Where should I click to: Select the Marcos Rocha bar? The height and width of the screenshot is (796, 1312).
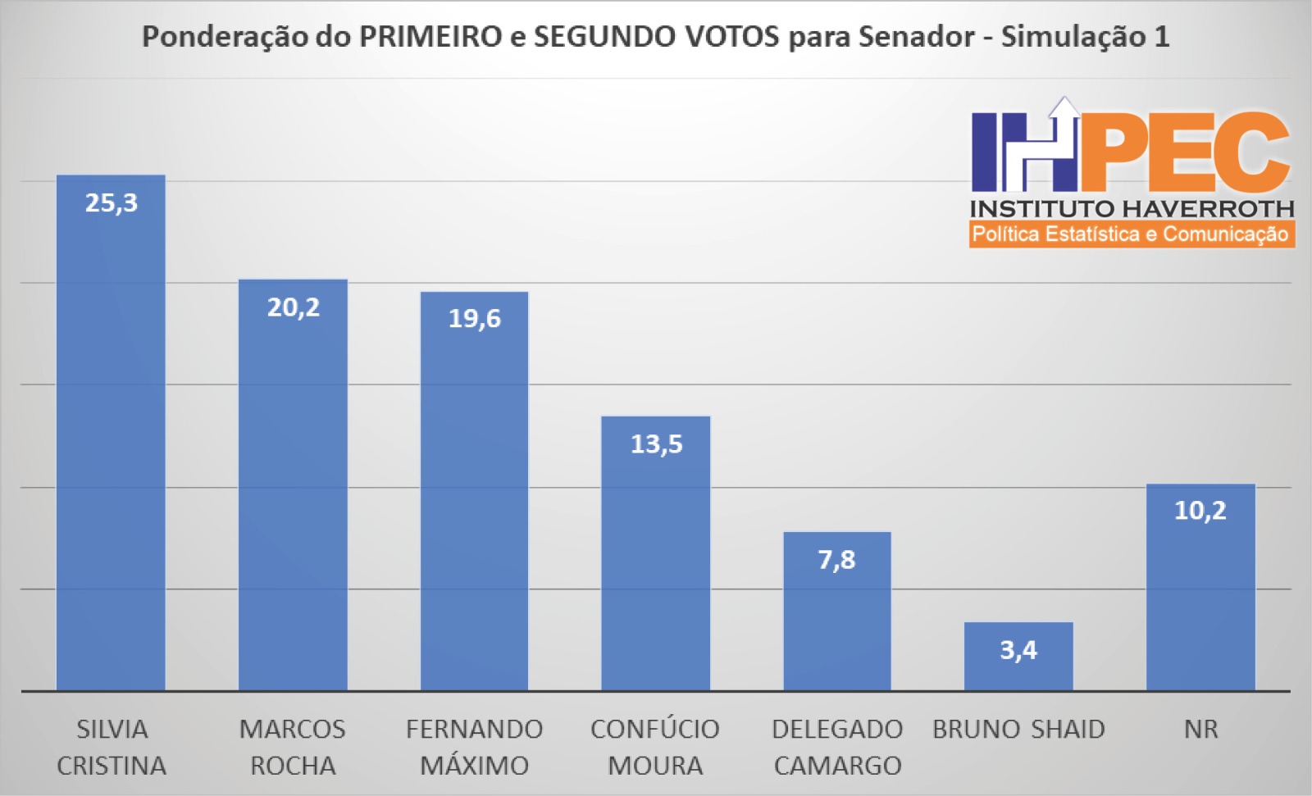pos(293,492)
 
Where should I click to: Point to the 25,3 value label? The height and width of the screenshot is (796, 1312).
pos(112,202)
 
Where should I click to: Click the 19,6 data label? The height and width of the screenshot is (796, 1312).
pos(474,318)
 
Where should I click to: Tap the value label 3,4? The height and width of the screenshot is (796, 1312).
pos(1018,650)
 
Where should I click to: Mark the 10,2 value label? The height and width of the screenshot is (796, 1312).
pos(1200,511)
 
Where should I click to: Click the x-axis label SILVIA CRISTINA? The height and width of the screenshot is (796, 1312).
pos(112,747)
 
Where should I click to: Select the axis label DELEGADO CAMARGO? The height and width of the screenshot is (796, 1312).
pos(836,747)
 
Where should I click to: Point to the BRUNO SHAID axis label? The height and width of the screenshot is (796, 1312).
pos(1018,729)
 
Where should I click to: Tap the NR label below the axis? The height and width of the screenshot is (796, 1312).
pos(1200,729)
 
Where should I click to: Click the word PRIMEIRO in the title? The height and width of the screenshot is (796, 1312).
pos(430,37)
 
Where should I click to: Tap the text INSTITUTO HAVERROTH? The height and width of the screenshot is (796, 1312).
pos(1132,208)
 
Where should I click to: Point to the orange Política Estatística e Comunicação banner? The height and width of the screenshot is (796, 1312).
pos(1132,234)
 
